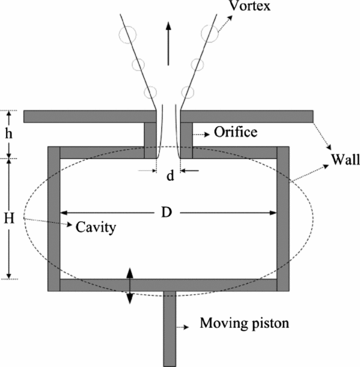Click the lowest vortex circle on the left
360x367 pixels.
[x=150, y=93]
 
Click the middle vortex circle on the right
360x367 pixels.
[x=196, y=64]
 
